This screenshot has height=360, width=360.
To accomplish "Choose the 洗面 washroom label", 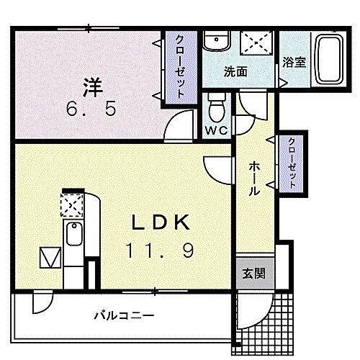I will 235,71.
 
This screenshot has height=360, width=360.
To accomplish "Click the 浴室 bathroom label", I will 294,62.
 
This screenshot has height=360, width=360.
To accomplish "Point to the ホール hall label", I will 253,178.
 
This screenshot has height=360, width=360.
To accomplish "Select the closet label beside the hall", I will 292,163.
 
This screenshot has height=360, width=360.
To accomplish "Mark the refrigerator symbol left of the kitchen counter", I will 49,256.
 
